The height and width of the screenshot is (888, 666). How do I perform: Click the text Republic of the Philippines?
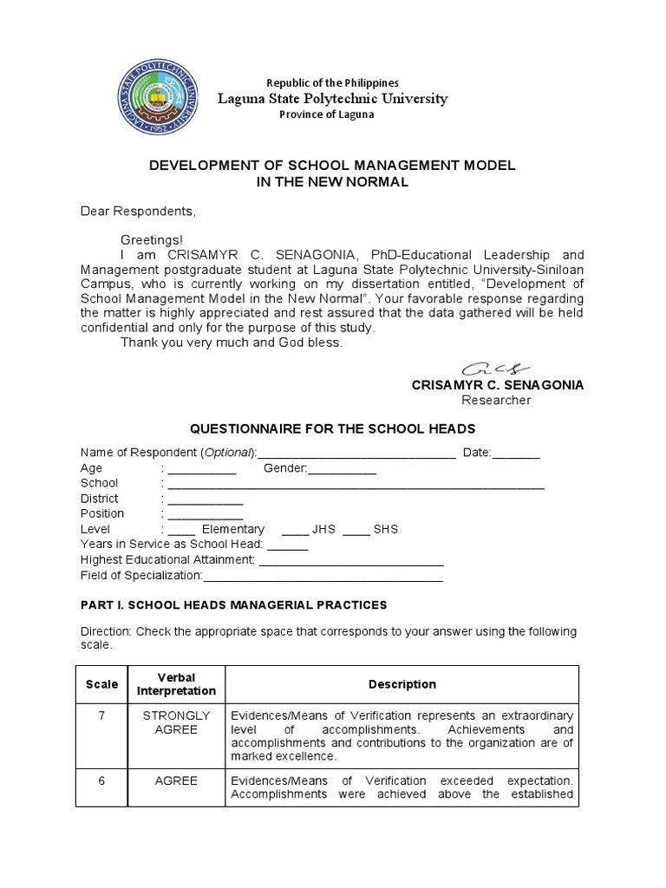(x=332, y=82)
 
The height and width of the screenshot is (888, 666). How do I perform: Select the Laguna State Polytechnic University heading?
(x=332, y=99)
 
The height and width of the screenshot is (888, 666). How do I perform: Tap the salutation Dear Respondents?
(x=139, y=211)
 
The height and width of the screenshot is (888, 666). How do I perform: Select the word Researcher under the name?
(x=496, y=400)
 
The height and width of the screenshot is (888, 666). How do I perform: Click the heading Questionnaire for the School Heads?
(x=332, y=429)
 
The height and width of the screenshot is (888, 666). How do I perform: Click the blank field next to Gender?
(x=343, y=470)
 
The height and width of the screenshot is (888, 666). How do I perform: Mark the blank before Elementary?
(x=182, y=530)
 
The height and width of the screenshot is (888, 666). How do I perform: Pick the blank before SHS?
(x=356, y=530)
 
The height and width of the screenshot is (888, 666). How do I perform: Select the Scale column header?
(x=101, y=684)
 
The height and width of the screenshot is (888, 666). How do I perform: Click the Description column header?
(x=402, y=684)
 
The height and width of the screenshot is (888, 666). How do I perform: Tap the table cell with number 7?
(x=101, y=715)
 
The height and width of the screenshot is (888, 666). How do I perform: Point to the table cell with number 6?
(x=101, y=780)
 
